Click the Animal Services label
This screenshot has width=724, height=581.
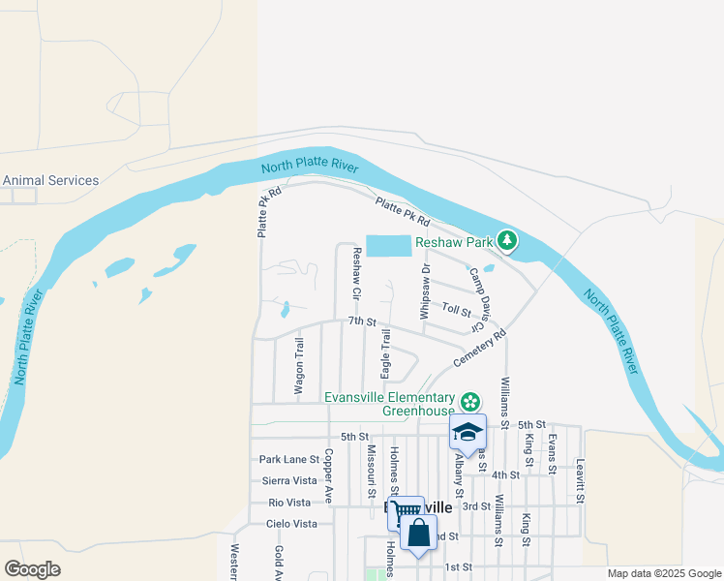tap(50, 180)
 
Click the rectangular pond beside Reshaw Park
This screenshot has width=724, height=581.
tap(387, 245)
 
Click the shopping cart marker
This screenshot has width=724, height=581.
tap(406, 513)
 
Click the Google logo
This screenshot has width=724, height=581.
tap(32, 569)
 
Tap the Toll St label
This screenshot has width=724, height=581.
tap(456, 310)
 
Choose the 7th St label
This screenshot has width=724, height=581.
tap(361, 321)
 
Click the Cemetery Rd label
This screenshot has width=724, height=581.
tap(480, 350)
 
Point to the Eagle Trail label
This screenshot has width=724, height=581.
tap(385, 354)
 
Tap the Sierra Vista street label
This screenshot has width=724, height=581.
tap(289, 480)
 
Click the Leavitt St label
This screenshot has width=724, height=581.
tap(581, 480)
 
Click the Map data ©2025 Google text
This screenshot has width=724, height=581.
tap(664, 573)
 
